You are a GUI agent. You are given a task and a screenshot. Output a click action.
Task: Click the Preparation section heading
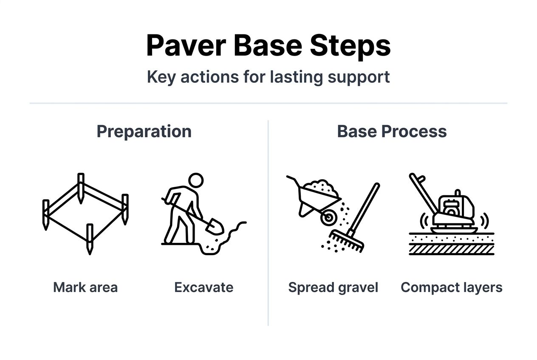tap(144, 131)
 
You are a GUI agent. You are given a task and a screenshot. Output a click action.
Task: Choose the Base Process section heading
tap(392, 131)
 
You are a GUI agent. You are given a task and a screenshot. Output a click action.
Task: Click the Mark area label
tap(85, 287)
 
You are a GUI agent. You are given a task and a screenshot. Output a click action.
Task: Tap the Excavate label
tap(204, 287)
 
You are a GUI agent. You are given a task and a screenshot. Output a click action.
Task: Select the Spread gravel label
tap(333, 287)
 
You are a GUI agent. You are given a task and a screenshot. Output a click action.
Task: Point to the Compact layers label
tap(451, 287)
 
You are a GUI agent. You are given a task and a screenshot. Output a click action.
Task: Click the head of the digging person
tap(196, 180)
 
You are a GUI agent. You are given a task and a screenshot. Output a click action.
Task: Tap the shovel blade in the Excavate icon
tap(215, 226)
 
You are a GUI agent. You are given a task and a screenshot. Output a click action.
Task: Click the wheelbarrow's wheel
tap(328, 218)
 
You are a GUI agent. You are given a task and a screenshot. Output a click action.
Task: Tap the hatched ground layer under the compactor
tap(451, 249)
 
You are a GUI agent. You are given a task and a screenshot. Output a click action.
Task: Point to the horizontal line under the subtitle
tap(268, 103)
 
